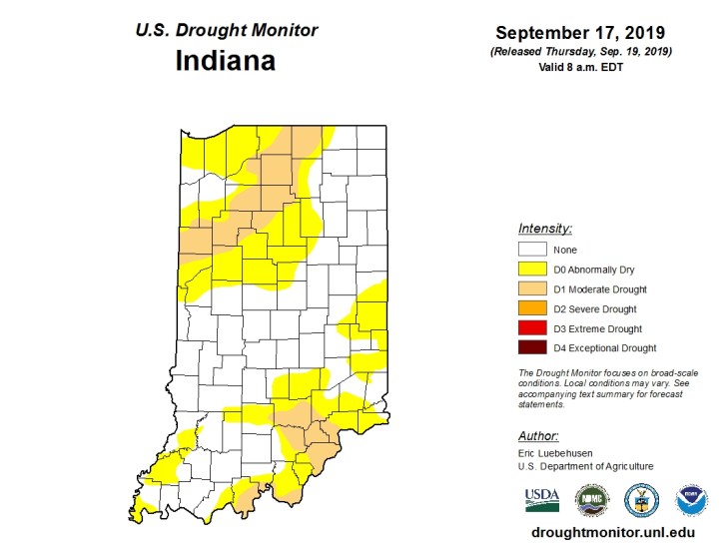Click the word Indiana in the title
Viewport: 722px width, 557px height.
225,62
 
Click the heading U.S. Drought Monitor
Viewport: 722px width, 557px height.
226,30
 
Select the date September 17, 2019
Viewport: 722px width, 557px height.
580,32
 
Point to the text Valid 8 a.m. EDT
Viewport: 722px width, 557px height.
580,68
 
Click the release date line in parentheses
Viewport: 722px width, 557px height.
580,51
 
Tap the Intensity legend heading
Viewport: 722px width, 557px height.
544,228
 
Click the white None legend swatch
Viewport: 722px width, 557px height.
532,250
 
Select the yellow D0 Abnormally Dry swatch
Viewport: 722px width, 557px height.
532,270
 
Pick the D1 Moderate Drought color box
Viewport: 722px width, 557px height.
532,289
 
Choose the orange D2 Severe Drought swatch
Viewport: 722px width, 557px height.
532,308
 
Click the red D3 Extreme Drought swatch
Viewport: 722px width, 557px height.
532,328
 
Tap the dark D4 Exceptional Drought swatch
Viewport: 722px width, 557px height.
532,347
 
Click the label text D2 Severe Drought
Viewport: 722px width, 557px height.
595,309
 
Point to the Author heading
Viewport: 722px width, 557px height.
538,435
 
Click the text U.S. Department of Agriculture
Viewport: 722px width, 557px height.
585,466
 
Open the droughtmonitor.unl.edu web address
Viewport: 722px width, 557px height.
613,533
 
